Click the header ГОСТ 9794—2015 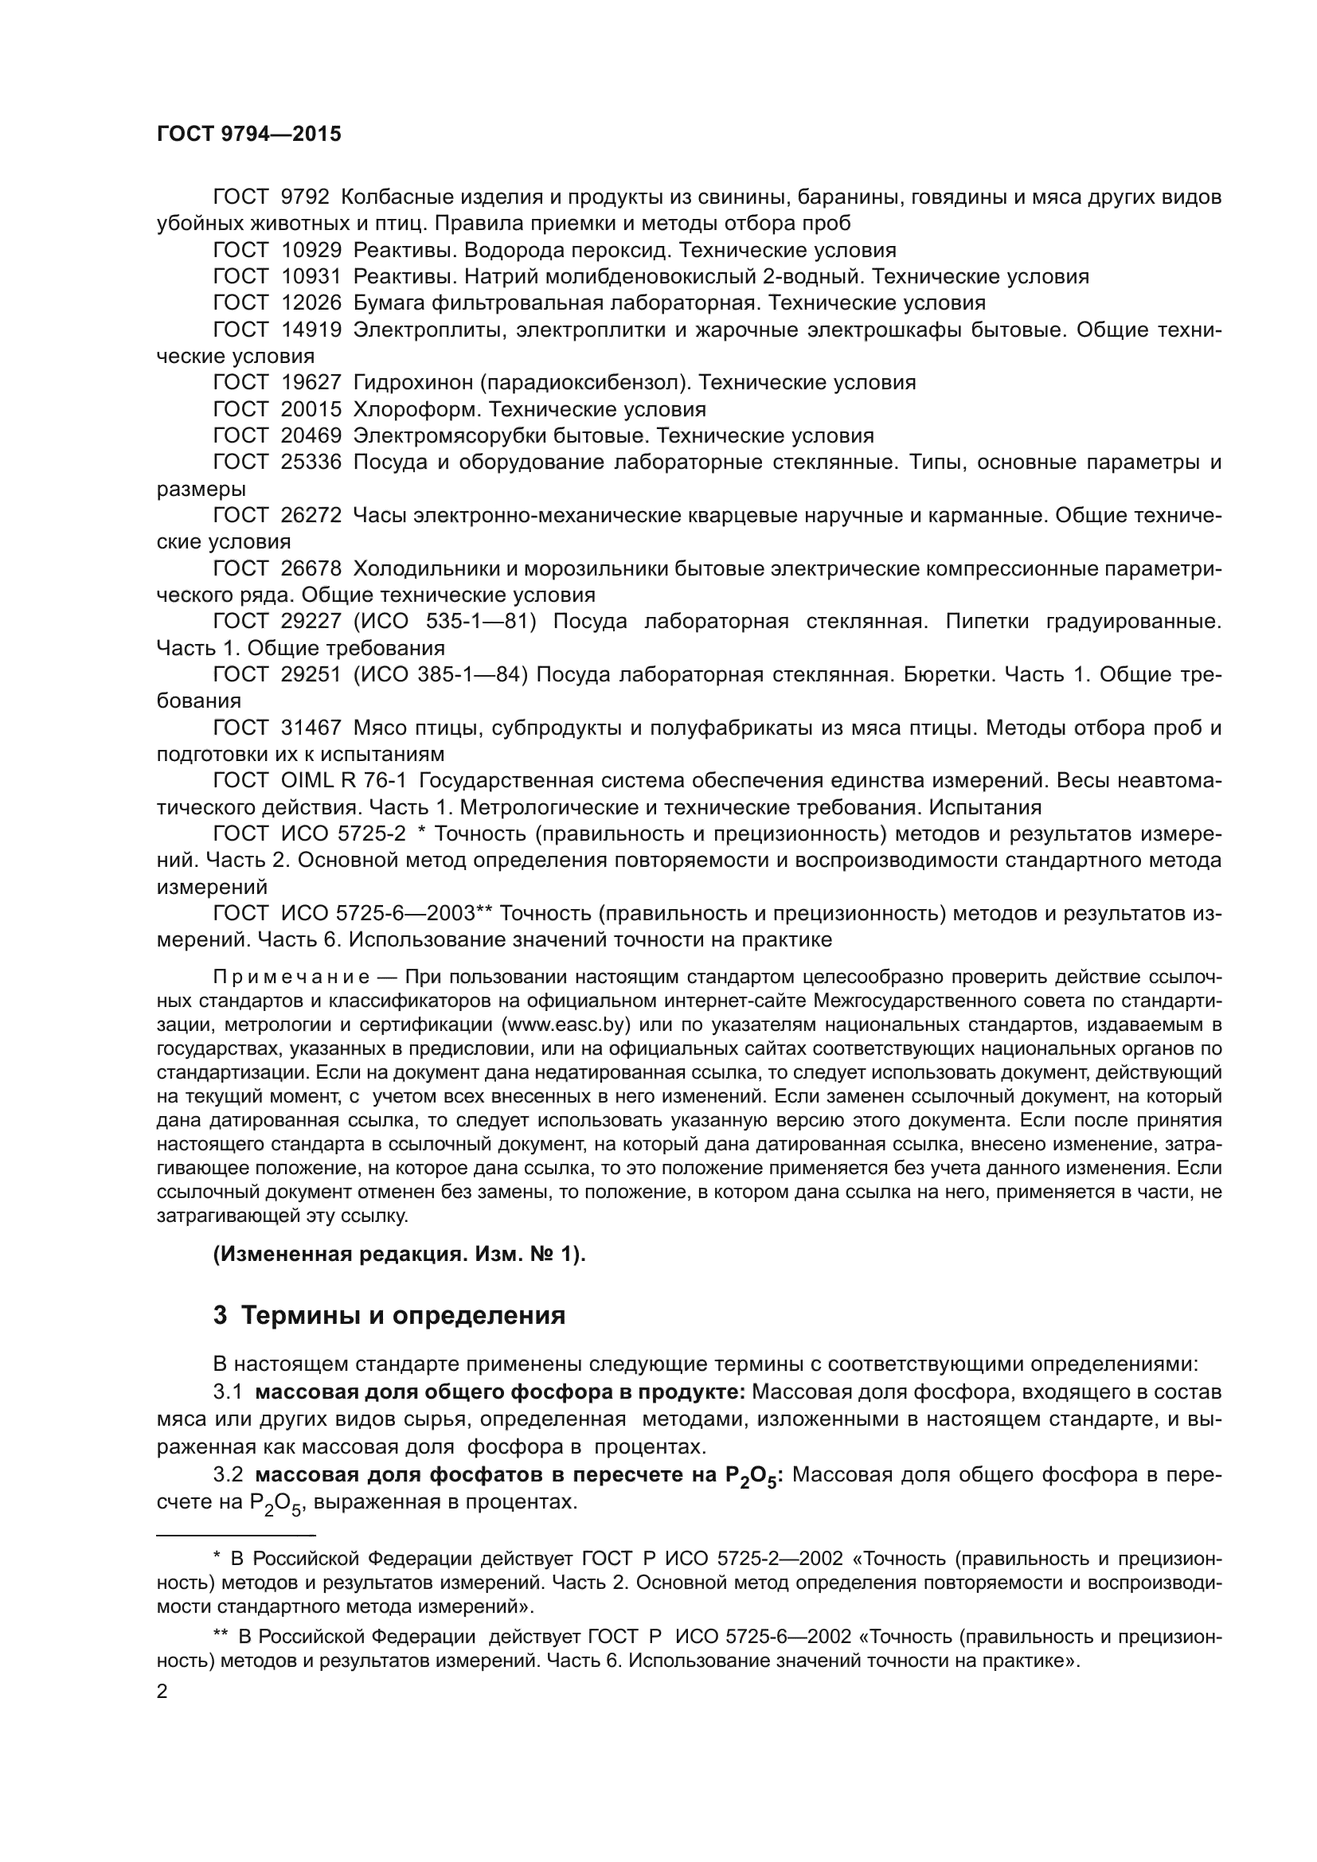coord(249,135)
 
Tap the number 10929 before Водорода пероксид coord(311,250)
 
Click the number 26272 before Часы coord(311,515)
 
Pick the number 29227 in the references coord(311,621)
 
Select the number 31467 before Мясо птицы coord(311,728)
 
